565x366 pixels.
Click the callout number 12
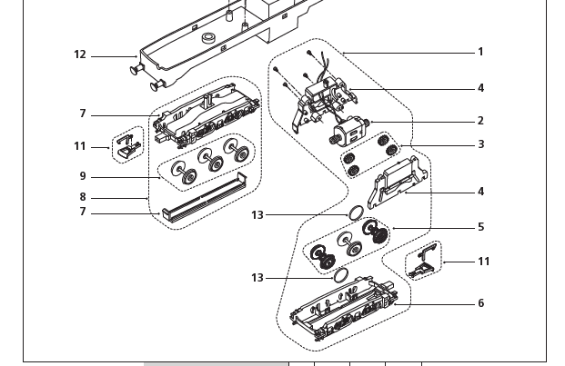click(x=80, y=55)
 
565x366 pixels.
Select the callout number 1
click(x=480, y=52)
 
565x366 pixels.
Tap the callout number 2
click(x=480, y=121)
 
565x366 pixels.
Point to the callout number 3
click(x=480, y=144)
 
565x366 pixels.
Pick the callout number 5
click(x=480, y=227)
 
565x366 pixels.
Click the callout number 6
click(x=480, y=303)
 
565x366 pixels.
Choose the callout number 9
click(x=83, y=176)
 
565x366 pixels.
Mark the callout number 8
click(x=83, y=197)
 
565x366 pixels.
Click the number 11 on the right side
click(x=483, y=262)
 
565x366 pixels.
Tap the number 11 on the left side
click(x=80, y=146)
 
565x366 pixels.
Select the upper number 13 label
click(x=257, y=215)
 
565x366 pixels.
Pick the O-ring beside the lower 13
click(x=341, y=274)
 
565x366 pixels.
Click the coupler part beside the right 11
click(x=422, y=260)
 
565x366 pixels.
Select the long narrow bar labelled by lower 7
click(x=203, y=204)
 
